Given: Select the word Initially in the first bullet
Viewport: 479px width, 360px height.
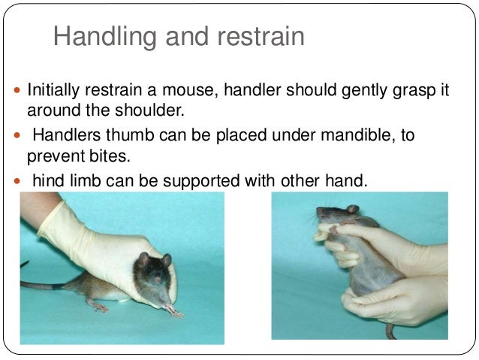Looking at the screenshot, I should [x=54, y=91].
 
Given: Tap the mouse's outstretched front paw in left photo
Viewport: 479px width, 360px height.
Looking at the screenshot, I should [x=174, y=311].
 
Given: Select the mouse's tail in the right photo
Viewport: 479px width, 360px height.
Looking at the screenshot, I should [x=390, y=331].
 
